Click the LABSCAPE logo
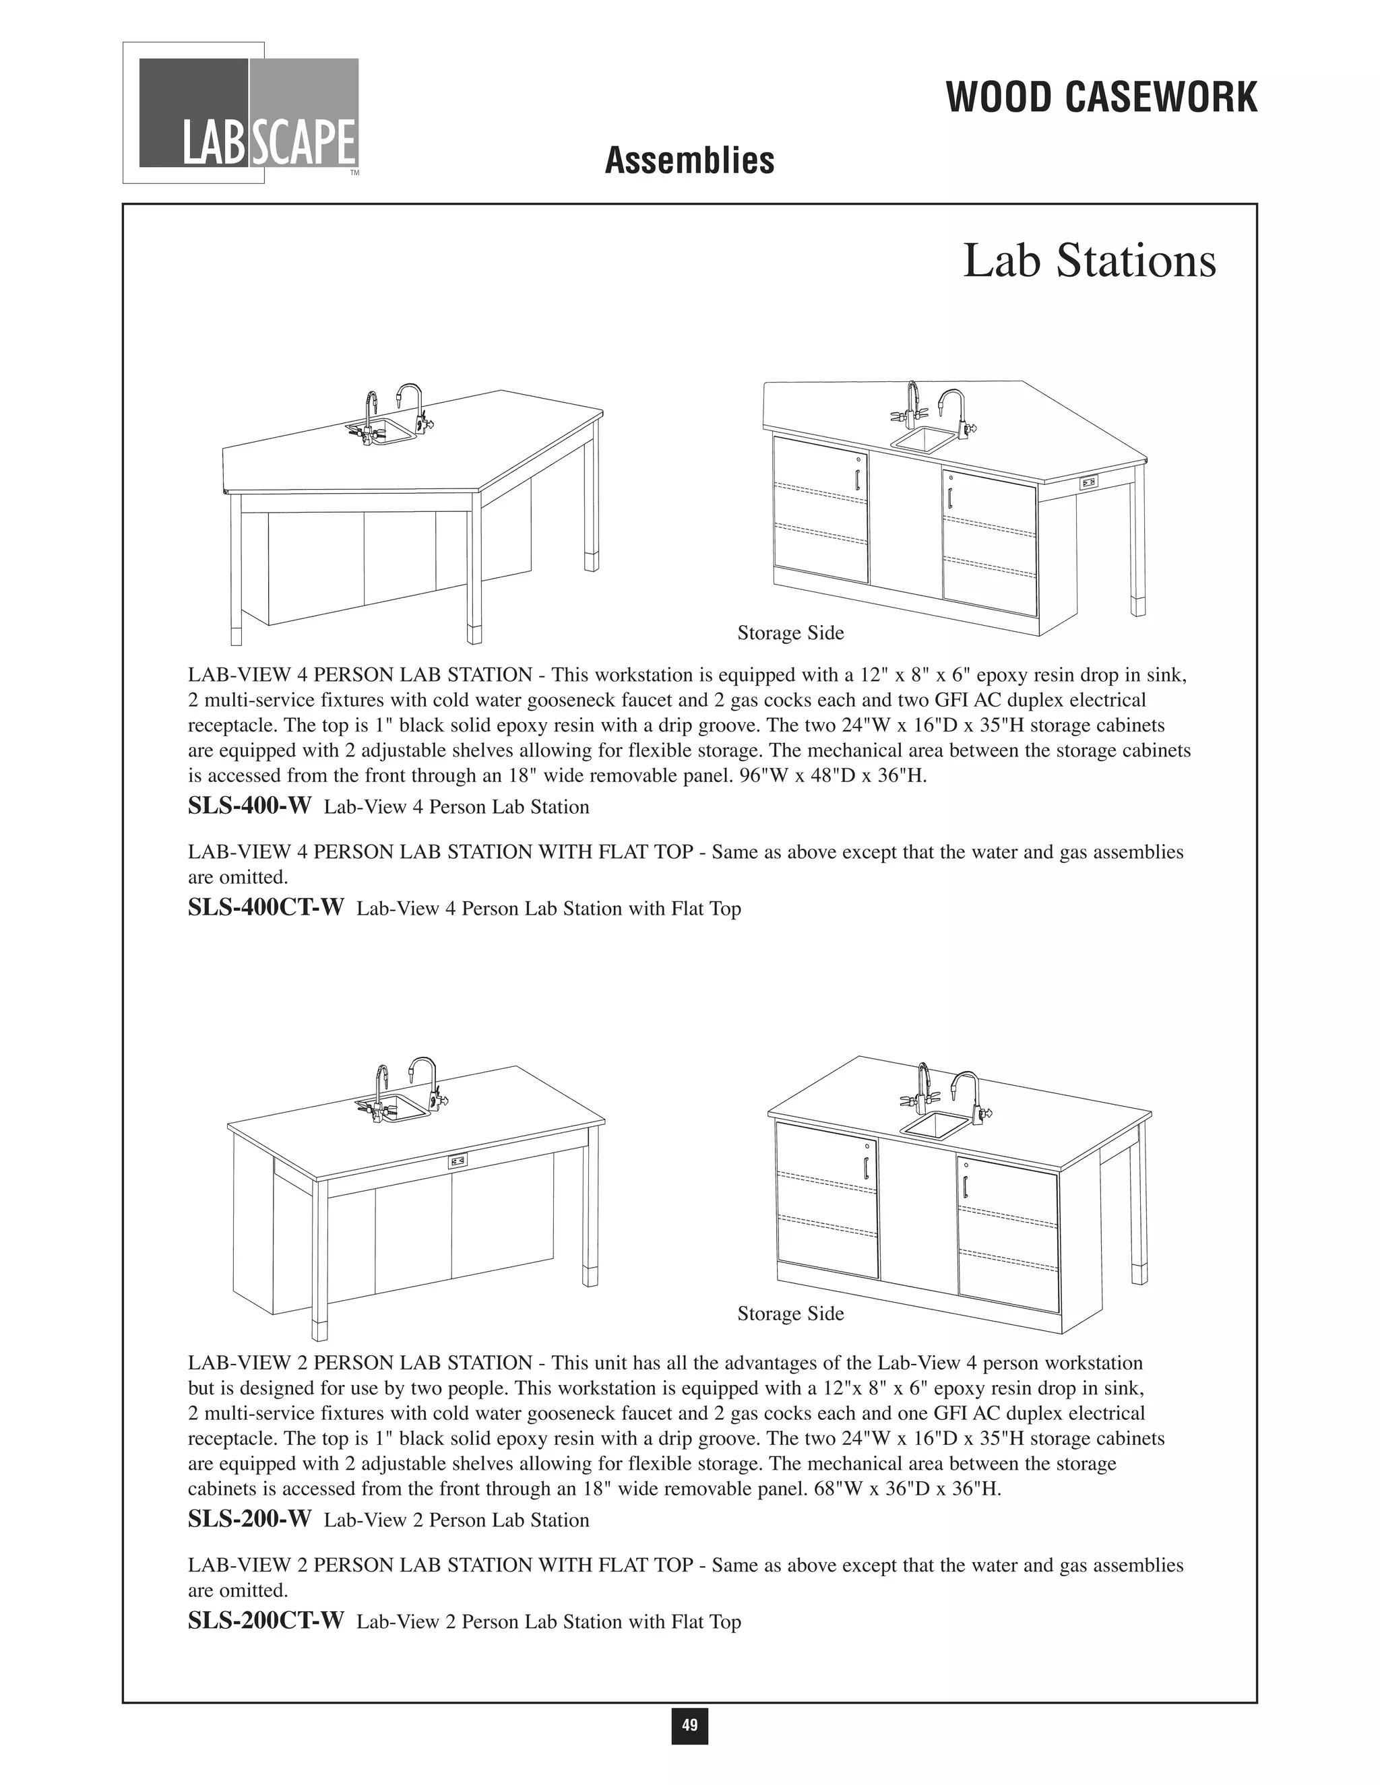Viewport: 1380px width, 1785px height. click(249, 112)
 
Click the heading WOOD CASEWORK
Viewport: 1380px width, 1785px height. click(1101, 98)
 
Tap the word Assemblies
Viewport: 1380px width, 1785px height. click(689, 160)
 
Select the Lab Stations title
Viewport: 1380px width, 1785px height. click(1089, 261)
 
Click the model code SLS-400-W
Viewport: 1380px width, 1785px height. click(249, 806)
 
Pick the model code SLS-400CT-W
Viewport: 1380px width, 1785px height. click(265, 907)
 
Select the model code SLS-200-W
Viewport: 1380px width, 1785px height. click(249, 1520)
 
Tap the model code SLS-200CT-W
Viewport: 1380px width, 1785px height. click(265, 1621)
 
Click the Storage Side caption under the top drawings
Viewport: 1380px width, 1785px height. click(790, 632)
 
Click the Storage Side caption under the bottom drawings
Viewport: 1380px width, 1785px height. click(790, 1313)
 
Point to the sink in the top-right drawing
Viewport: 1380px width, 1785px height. click(923, 441)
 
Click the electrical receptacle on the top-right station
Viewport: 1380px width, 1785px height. click(1088, 482)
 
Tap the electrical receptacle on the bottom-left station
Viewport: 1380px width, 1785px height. click(458, 1161)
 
